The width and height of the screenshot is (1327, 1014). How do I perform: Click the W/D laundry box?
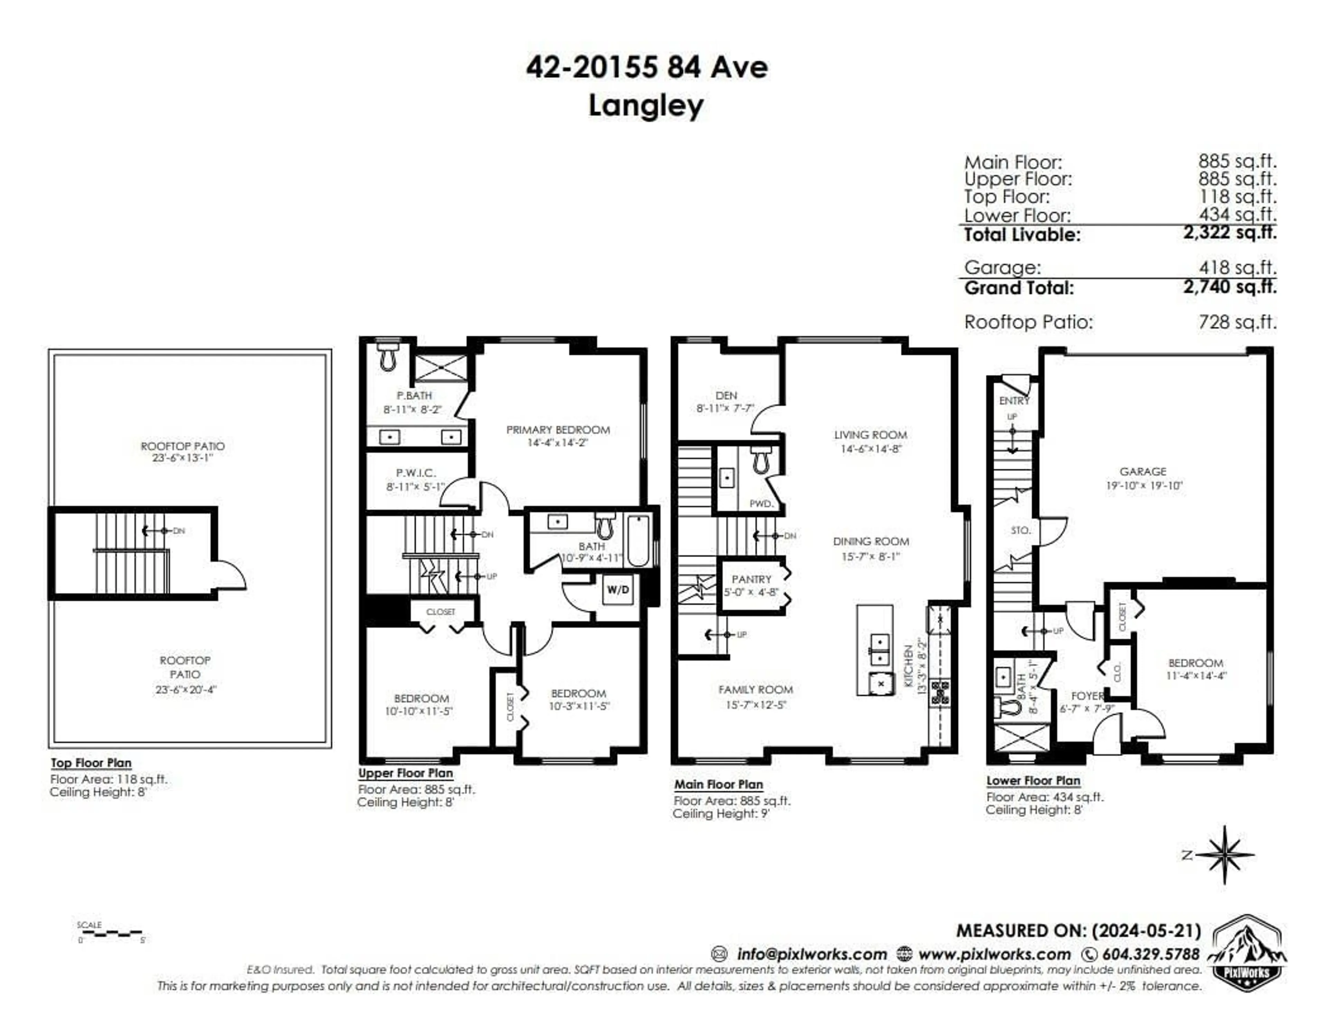[617, 590]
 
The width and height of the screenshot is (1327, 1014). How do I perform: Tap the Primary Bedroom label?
[558, 430]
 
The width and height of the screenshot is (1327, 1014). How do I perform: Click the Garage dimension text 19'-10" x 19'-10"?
[1144, 485]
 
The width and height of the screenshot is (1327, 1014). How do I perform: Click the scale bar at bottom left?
[111, 934]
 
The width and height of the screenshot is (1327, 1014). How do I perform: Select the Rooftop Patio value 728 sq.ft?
[1237, 322]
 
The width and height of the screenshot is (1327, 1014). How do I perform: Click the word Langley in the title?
[646, 106]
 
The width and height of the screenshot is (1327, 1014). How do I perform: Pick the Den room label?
[726, 395]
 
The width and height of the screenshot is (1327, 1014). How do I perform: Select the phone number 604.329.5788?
[1150, 954]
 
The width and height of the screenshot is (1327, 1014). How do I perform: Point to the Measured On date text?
[1079, 931]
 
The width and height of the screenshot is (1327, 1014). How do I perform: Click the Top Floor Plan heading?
[91, 763]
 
